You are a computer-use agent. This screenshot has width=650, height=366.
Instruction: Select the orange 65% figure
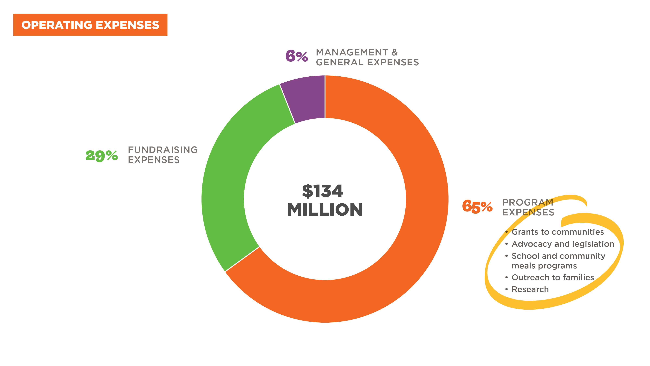477,206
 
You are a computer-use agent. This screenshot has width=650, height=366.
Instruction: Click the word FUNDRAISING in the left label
162,150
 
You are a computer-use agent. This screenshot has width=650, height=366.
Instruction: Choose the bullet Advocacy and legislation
563,244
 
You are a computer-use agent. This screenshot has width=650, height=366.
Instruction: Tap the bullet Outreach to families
553,277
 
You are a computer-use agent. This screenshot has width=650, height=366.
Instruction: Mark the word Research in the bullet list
530,289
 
